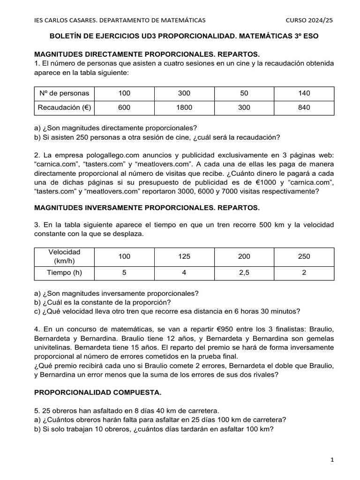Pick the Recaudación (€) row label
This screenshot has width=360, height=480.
point(64,107)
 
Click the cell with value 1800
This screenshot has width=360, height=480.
point(184,107)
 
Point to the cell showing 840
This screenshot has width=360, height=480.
point(304,107)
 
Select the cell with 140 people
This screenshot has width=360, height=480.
point(304,93)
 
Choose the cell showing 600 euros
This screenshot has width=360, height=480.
point(124,107)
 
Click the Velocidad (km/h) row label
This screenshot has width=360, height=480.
point(64,256)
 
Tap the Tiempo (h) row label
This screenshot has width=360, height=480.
point(64,272)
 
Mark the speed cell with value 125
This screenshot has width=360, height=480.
point(184,256)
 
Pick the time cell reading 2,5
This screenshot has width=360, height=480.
point(244,272)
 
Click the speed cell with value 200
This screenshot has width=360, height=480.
point(244,256)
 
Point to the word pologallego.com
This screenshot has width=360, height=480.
point(101,155)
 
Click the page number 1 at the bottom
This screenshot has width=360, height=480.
point(332,460)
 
